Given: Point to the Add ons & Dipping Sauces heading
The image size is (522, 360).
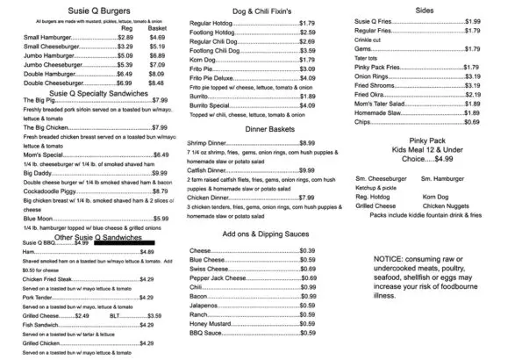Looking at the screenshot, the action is click(x=252, y=235).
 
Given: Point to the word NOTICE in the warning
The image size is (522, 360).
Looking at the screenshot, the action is click(x=388, y=261).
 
